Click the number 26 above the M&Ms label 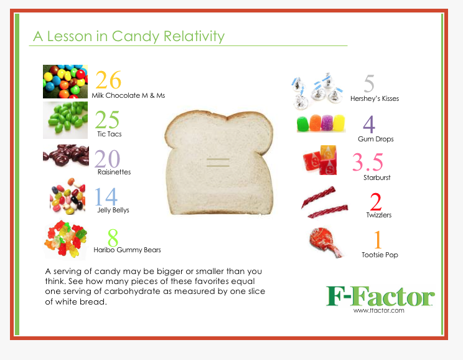click(x=108, y=80)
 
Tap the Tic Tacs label click(x=110, y=134)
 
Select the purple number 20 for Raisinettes click(x=107, y=159)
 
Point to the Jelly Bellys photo click(x=68, y=196)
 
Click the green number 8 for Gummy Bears click(x=113, y=238)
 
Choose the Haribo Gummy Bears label click(x=127, y=250)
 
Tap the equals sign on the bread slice click(x=218, y=163)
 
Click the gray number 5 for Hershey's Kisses click(x=369, y=83)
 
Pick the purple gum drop click(x=327, y=123)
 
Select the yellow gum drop click(x=339, y=123)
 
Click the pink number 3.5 click(x=368, y=162)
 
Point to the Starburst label click(x=376, y=178)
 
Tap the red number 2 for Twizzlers click(x=376, y=202)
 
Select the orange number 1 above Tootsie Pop click(x=378, y=240)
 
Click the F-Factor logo click(x=380, y=296)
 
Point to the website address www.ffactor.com click(x=379, y=310)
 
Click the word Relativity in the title click(x=194, y=37)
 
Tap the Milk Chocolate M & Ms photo click(x=65, y=82)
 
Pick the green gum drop click(x=303, y=124)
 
